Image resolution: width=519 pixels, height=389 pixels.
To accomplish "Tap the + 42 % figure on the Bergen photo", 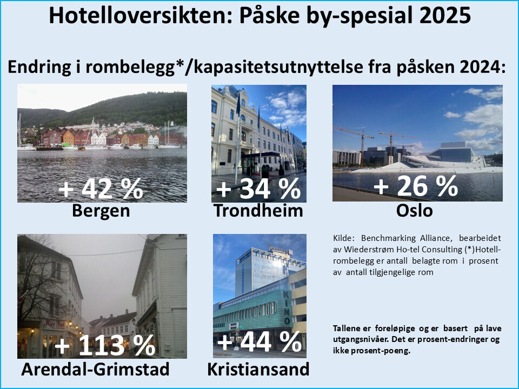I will pos(101,189).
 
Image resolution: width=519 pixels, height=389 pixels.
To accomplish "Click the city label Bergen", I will pos(101,211).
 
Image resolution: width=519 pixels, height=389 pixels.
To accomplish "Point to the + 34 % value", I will pos(258,189).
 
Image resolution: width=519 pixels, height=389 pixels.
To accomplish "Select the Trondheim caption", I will pos(258,211).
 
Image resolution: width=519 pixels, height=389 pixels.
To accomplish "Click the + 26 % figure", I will pos(416,186).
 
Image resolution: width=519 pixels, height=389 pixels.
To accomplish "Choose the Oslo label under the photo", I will pos(414,211).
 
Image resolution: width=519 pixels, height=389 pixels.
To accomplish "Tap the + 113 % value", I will pos(105,346).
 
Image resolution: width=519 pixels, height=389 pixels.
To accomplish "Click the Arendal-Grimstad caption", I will pos(95,370).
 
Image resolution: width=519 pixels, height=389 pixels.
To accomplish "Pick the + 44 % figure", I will pos(259,341).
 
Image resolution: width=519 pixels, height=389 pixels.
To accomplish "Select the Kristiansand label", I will pos(258,370).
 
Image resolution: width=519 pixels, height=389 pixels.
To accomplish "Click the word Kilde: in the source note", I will pos(345,238).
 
